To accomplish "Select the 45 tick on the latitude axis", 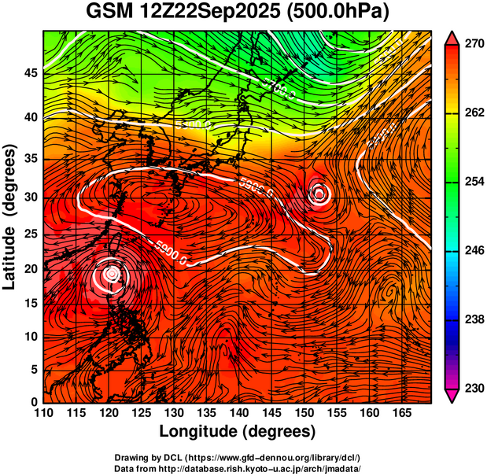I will coord(29,73).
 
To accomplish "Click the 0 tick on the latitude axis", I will coord(33,402).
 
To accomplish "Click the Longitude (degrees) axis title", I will coord(238,431).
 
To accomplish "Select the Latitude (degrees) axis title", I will coord(10,216).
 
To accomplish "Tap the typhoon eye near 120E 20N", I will coord(112,273).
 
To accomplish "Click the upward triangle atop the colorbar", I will coord(452,37).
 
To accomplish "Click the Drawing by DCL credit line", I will coord(237,458).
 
